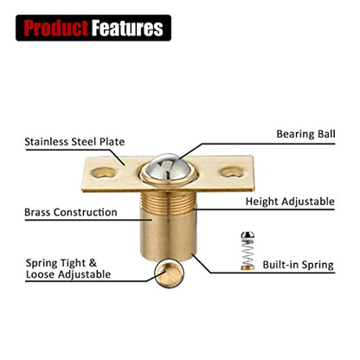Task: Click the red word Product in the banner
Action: pos(55,28)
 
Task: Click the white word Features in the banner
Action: pos(127,28)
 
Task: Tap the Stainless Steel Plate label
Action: pos(74,142)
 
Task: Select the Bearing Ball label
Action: pos(305,134)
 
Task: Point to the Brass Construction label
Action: pos(71,212)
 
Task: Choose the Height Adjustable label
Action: pos(290,202)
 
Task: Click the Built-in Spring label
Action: pos(298,265)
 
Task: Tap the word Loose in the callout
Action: pos(41,274)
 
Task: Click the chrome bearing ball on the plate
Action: pos(168,166)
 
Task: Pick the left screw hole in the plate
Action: pos(104,172)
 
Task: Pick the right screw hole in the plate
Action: pos(232,172)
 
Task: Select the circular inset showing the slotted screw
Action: pos(169,274)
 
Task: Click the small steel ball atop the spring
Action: pos(247,235)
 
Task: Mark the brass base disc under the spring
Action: pos(247,268)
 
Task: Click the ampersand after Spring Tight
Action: pos(93,263)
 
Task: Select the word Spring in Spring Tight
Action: pos(42,264)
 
